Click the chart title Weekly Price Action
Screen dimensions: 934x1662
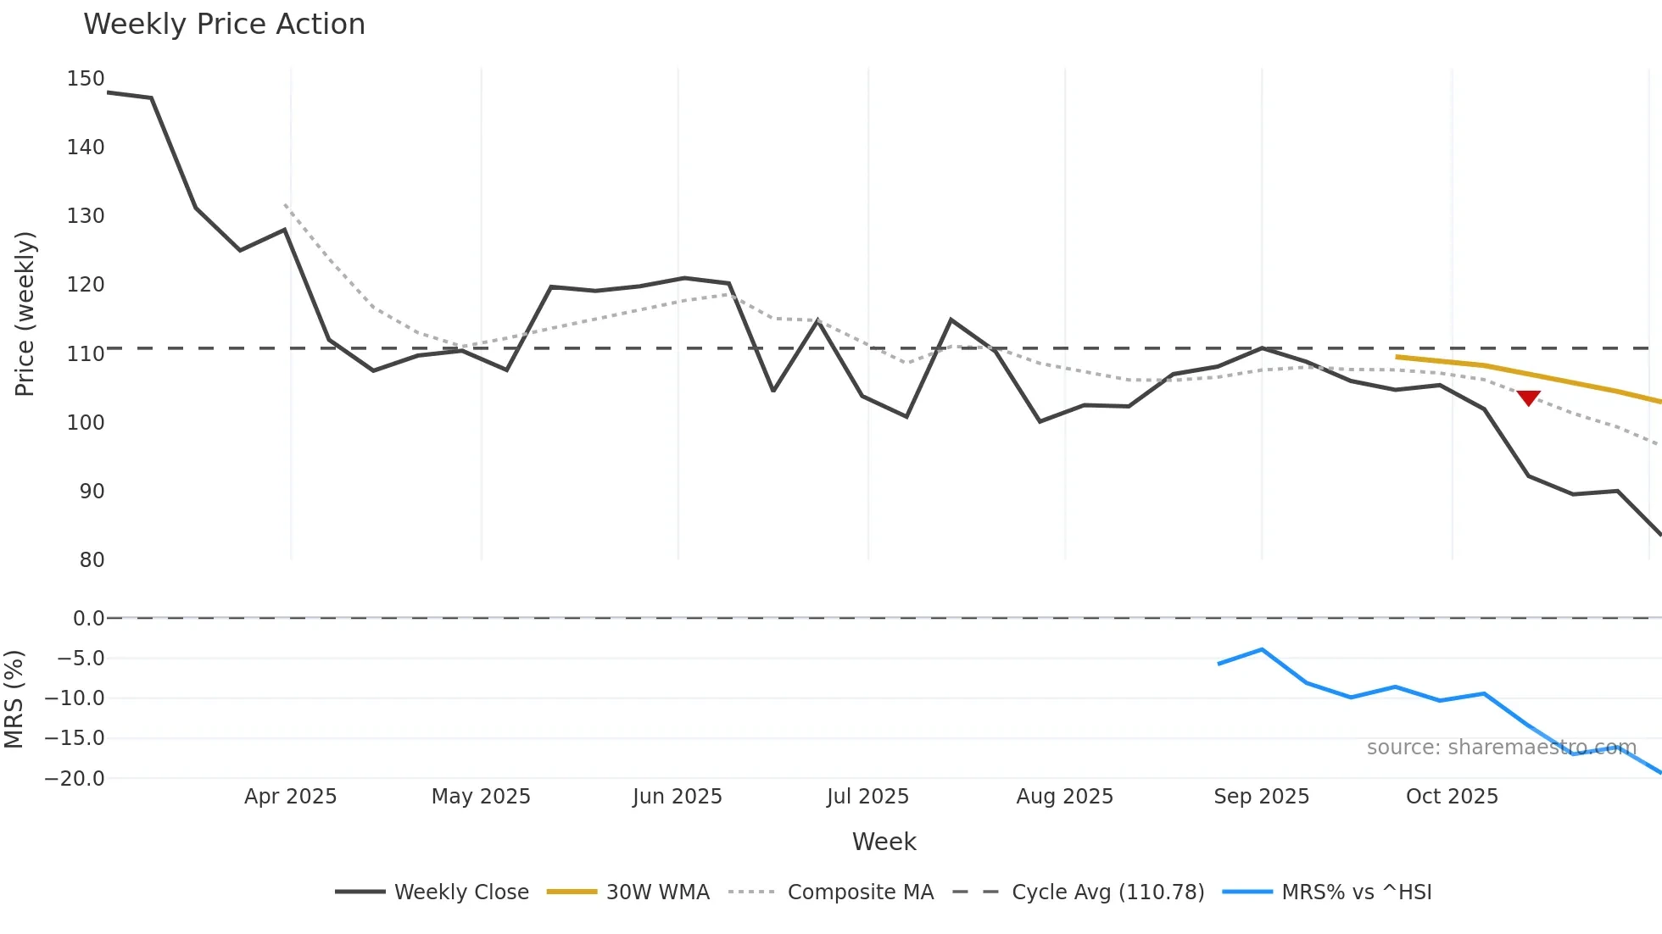(x=224, y=24)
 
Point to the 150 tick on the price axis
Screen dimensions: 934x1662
(x=86, y=79)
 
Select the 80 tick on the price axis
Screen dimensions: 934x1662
(x=92, y=560)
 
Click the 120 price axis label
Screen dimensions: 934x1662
(x=86, y=285)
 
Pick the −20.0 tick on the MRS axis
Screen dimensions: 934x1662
(x=75, y=779)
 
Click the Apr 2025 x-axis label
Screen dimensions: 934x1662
(x=290, y=797)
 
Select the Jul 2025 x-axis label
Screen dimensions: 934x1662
(x=867, y=797)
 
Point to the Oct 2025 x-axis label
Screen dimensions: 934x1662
(x=1452, y=797)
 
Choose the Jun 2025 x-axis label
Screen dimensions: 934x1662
(x=677, y=797)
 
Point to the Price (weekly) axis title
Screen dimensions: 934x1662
(x=25, y=314)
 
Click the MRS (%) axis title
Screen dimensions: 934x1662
(x=14, y=699)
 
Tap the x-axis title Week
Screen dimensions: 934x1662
(x=884, y=842)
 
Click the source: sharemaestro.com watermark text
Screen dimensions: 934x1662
(x=1501, y=748)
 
